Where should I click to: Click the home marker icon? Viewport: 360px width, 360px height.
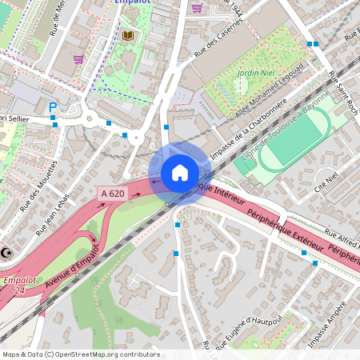tap(180, 173)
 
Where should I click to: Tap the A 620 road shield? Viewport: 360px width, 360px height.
tap(113, 194)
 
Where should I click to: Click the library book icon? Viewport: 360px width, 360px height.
tap(128, 36)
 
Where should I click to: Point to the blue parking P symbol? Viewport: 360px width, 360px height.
tap(54, 106)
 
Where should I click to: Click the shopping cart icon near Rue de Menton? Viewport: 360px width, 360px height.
tap(78, 58)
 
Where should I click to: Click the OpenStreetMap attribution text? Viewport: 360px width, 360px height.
tap(81, 354)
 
